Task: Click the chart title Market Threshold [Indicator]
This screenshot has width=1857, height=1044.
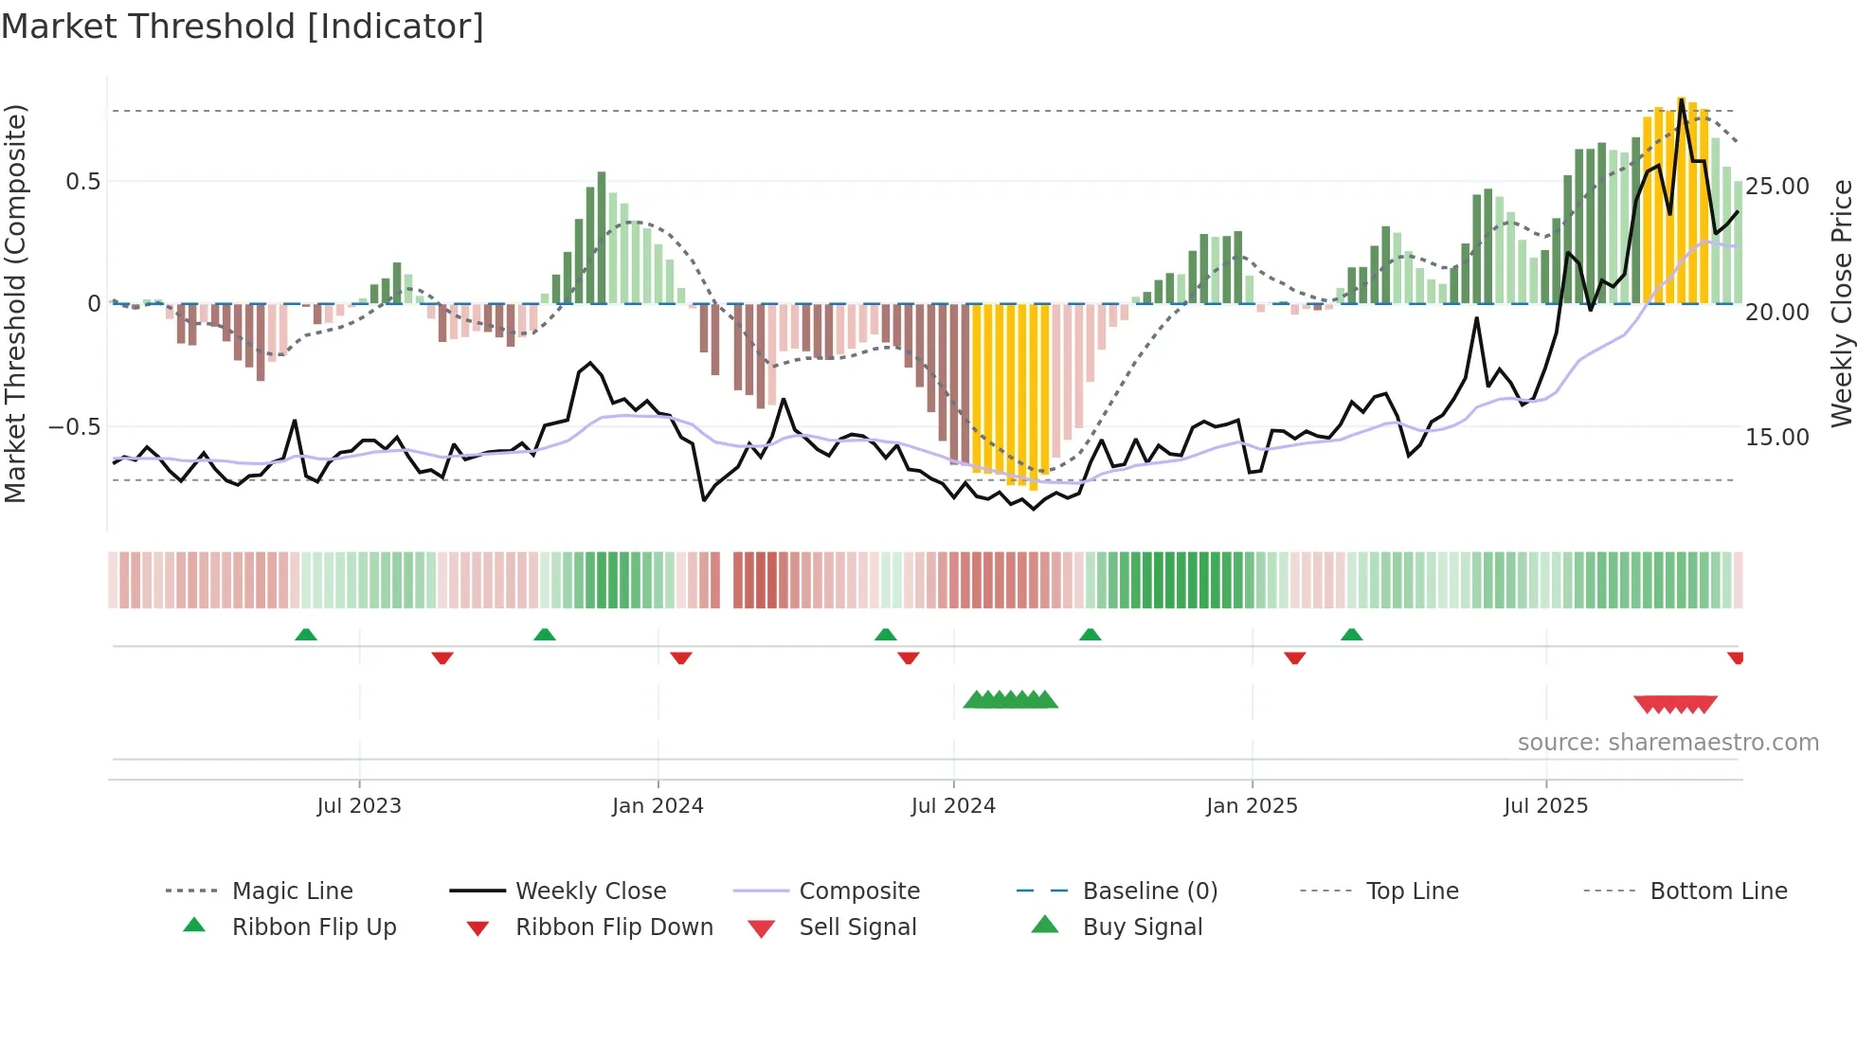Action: coord(243,27)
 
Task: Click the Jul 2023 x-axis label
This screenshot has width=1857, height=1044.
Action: coord(359,806)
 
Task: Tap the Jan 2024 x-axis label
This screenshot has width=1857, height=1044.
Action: coord(658,806)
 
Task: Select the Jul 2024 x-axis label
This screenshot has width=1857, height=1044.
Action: coord(953,806)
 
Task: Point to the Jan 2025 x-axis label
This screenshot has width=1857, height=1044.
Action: coord(1252,806)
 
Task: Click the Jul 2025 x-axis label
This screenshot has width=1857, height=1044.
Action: coord(1545,806)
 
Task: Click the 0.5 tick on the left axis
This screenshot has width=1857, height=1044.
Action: coord(82,182)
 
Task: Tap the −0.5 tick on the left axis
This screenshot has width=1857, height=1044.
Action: coord(75,427)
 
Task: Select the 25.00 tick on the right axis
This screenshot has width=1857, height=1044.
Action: coord(1777,187)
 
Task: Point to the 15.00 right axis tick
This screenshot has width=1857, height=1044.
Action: coord(1777,438)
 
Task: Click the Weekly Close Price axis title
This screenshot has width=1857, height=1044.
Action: coord(1841,303)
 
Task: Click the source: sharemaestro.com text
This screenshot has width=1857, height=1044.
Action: coord(1668,743)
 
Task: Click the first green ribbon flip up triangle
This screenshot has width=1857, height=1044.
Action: coord(306,635)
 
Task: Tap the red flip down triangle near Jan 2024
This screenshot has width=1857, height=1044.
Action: coord(680,657)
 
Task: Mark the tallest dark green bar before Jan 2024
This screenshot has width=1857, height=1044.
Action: coord(602,237)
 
